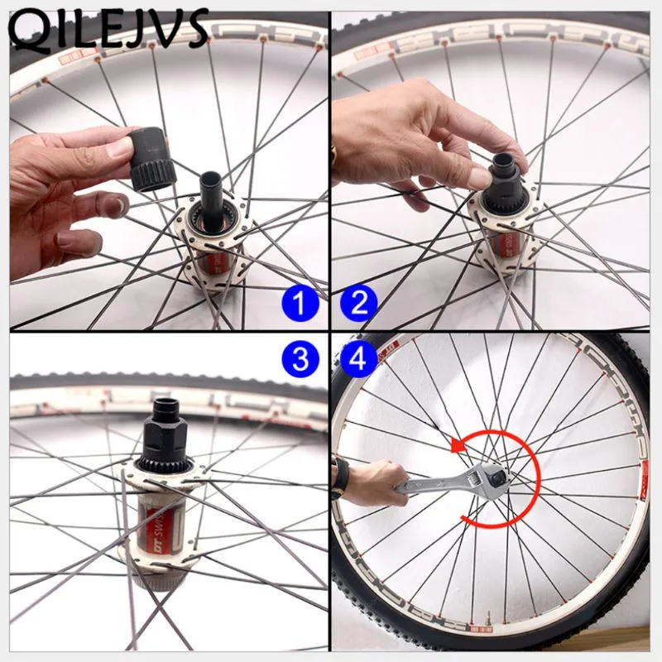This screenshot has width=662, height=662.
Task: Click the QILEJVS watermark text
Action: click(108, 28)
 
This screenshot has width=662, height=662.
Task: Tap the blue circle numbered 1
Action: click(304, 305)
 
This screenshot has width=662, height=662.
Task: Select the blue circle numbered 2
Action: click(357, 305)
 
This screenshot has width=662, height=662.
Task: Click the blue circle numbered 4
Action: click(357, 358)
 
